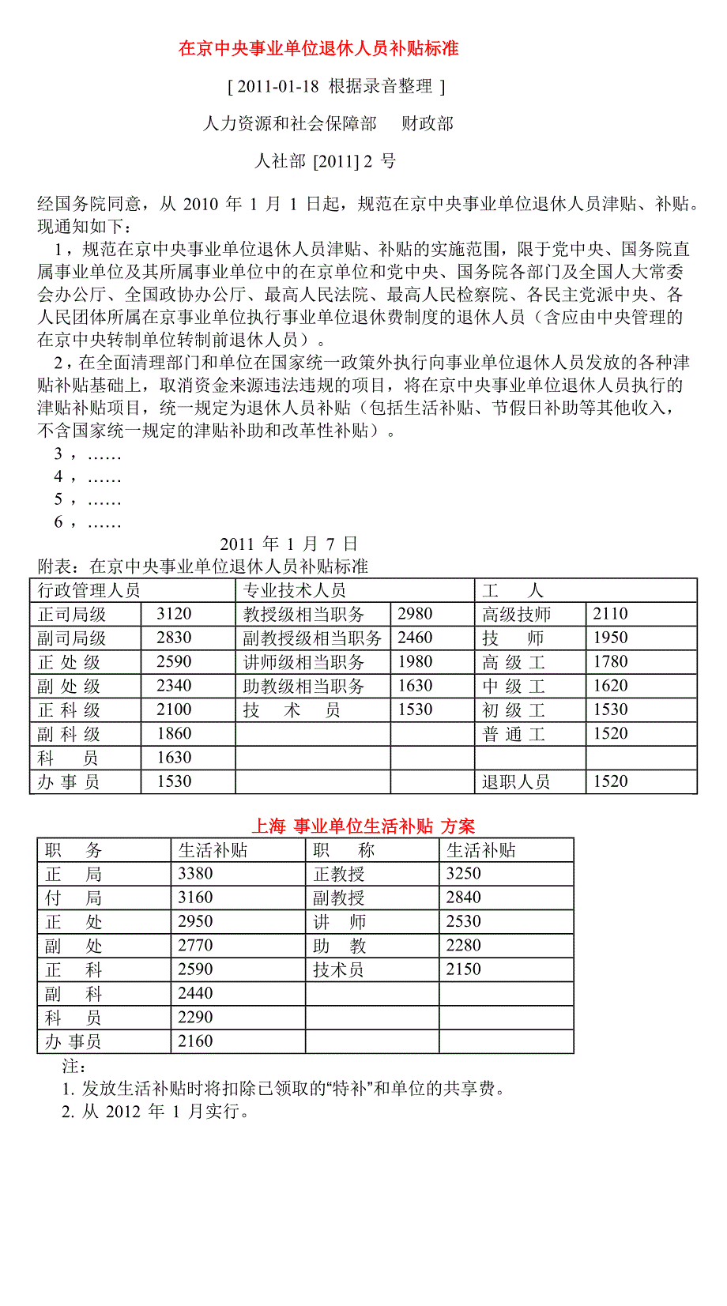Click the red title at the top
coord(318,49)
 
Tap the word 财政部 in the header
coord(428,123)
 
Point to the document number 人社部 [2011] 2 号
coord(325,161)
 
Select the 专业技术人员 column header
coord(294,590)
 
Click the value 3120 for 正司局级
coord(174,614)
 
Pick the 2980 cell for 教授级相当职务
coord(415,614)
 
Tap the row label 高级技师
coord(517,615)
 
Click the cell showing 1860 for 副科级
coord(174,734)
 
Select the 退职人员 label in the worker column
coord(516,782)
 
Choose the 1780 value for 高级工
coord(610,662)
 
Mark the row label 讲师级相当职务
coord(303,662)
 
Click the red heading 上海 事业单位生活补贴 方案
coord(363,826)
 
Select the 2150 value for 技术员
coord(463,969)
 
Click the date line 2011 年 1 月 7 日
coord(288,544)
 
